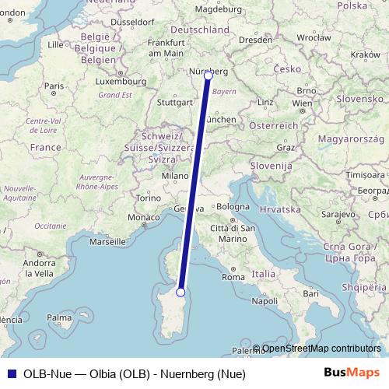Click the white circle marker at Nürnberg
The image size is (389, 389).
(208, 75)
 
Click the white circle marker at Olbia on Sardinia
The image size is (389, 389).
(180, 292)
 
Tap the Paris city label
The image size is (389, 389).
(54, 86)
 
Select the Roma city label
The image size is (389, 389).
(233, 276)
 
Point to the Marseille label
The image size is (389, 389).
(108, 242)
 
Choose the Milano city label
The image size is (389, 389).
(175, 177)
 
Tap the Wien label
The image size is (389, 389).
(302, 103)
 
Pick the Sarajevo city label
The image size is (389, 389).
(338, 213)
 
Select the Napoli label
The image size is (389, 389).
(265, 300)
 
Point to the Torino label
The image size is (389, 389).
(148, 198)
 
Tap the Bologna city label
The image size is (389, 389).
(233, 207)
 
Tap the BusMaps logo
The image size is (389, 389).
(352, 373)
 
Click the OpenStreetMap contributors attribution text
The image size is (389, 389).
(321, 349)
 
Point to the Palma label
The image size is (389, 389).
(59, 317)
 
